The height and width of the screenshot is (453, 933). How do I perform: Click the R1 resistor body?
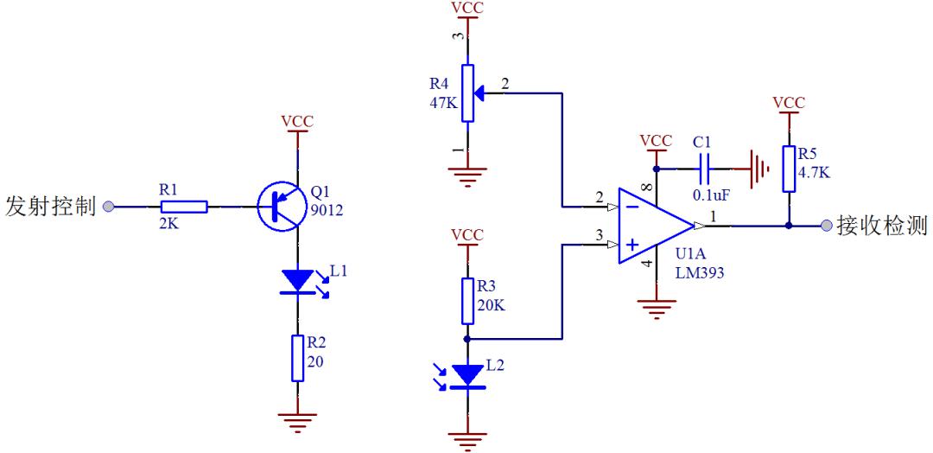[184, 207]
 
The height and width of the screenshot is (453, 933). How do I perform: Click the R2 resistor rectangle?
[297, 358]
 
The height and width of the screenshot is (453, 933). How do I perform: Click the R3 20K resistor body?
[467, 300]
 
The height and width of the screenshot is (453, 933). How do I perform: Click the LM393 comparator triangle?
[655, 226]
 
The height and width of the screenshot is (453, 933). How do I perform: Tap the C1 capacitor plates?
[705, 169]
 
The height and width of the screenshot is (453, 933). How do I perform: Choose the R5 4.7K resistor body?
[789, 169]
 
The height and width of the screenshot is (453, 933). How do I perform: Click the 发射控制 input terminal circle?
[108, 207]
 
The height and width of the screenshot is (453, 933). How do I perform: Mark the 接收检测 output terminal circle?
[825, 226]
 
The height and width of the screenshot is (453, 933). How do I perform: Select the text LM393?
[699, 273]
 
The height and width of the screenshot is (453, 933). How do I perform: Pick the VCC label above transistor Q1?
[297, 121]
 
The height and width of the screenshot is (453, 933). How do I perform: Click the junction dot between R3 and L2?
[467, 339]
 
